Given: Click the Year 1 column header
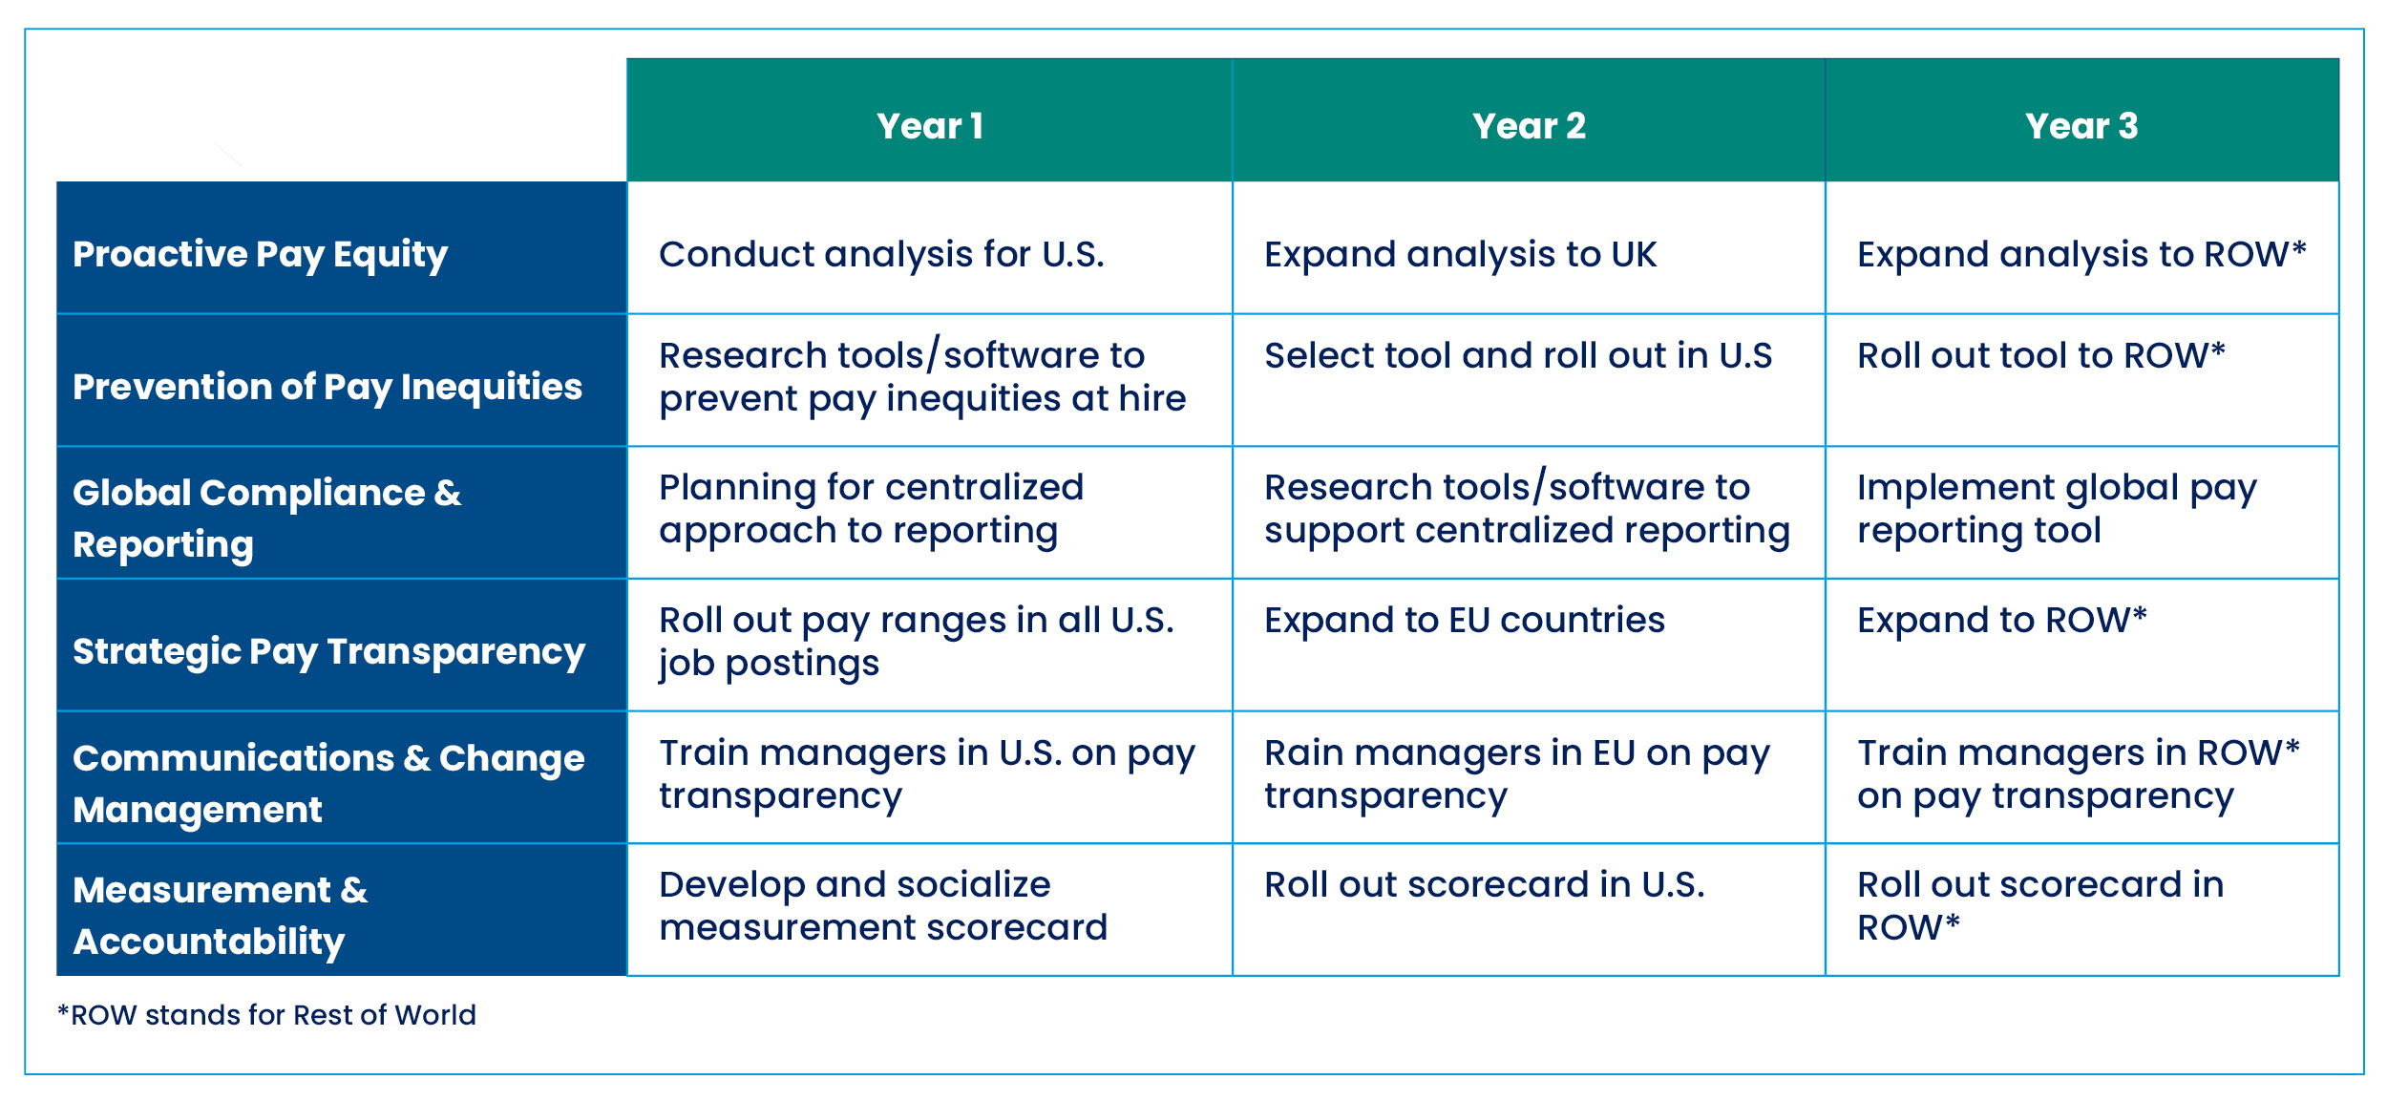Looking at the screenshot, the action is point(929,126).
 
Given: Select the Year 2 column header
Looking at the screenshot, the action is point(1529,126).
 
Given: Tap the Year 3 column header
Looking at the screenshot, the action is point(2081,126).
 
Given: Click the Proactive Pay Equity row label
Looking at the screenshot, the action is point(260,255).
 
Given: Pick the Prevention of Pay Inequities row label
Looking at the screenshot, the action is point(327,387).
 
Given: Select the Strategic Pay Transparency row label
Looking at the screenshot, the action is point(328,652).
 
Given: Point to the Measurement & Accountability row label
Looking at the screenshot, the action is point(220,916).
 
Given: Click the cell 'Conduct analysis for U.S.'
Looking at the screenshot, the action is point(881,254).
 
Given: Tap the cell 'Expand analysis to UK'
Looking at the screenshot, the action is point(1460,255).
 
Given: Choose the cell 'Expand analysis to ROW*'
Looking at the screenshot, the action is point(2081,255).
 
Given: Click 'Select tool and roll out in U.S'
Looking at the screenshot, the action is point(1518,355).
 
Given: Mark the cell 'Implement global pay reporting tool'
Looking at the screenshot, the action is point(2057,509).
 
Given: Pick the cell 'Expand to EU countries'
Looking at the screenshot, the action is point(1465,621).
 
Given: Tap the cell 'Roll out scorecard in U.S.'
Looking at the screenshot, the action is point(1484,885).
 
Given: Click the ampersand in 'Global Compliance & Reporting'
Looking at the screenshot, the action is point(448,493).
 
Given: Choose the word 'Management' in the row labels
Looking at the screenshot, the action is point(198,810).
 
